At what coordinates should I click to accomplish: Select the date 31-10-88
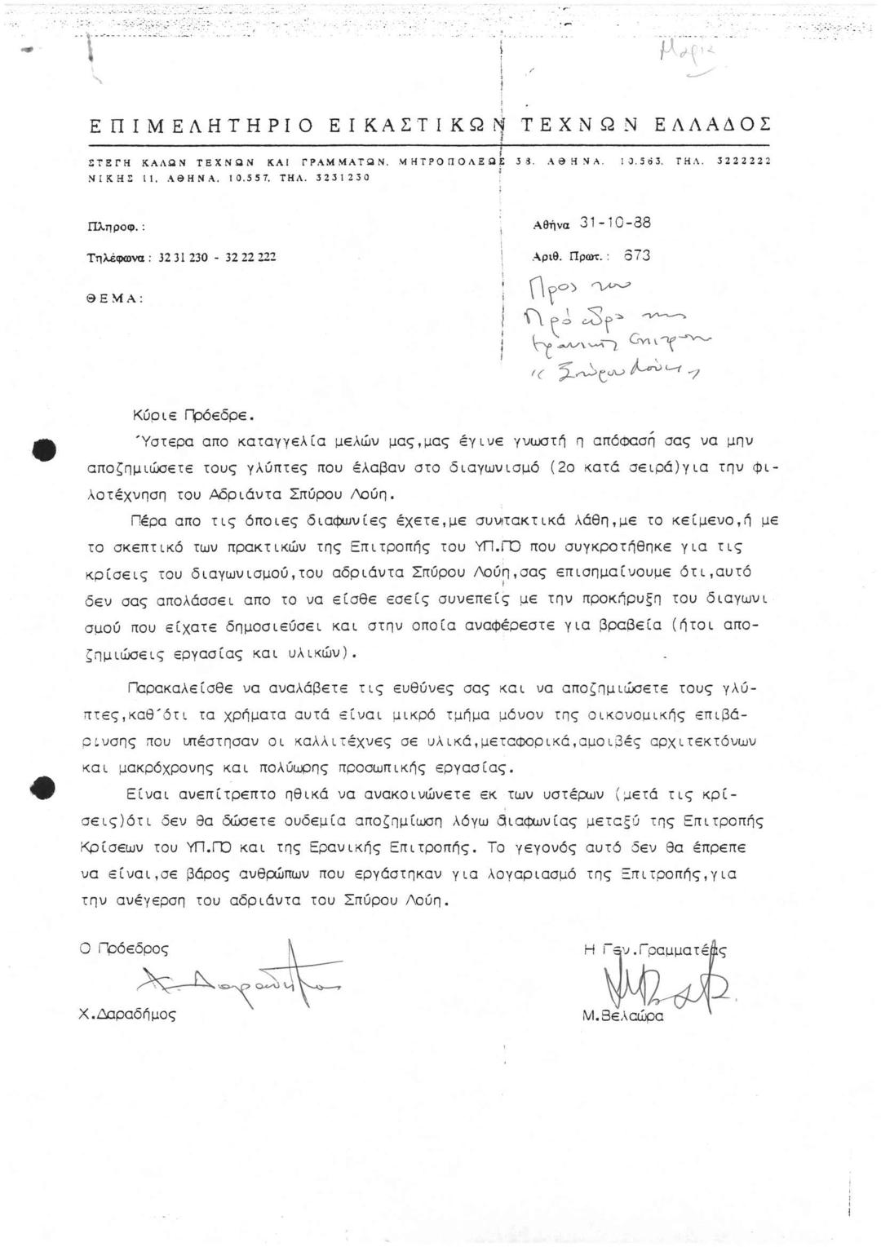(615, 223)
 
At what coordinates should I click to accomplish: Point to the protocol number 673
(637, 255)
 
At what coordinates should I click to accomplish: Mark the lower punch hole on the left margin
(44, 788)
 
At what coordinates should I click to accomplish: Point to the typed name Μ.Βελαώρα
(622, 1016)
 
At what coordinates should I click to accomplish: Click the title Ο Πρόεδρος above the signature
(124, 949)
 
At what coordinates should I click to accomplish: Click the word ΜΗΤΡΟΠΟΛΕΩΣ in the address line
(453, 161)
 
